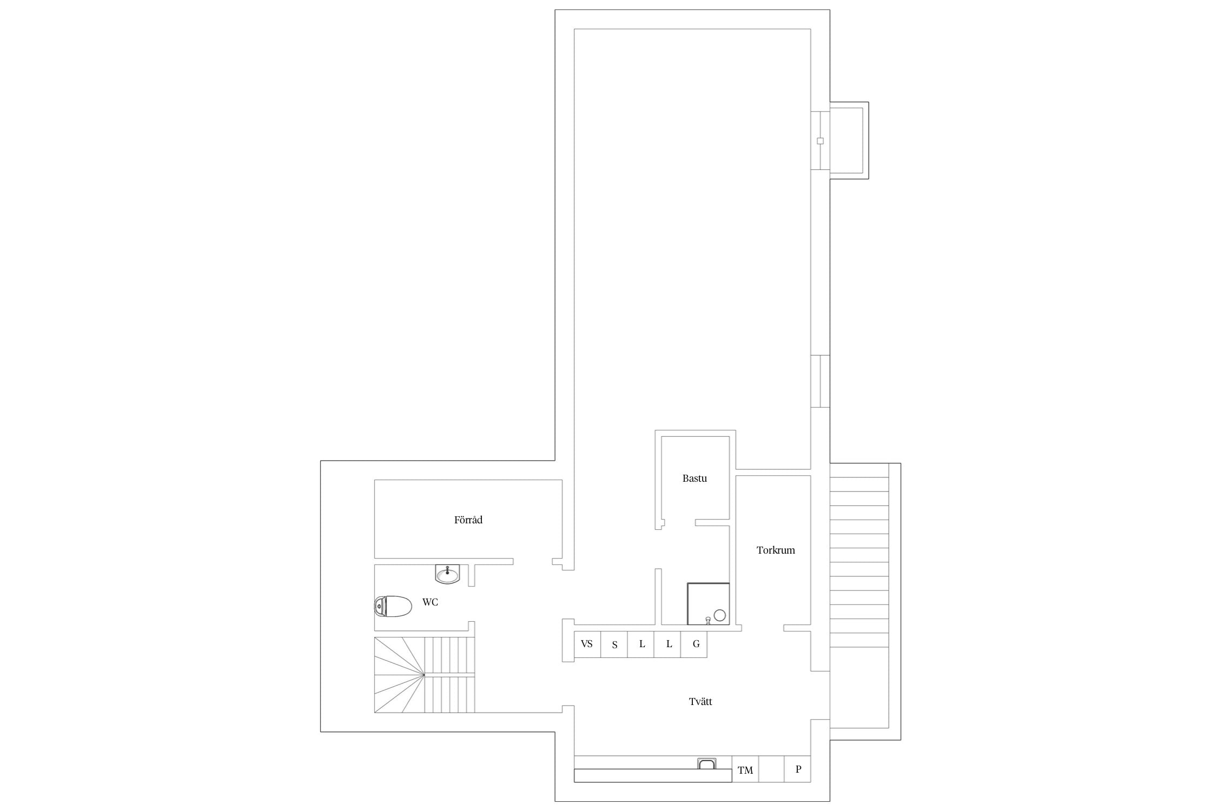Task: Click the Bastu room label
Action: click(x=695, y=478)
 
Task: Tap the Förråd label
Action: click(x=468, y=520)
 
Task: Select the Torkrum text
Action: click(x=776, y=550)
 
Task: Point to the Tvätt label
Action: click(x=700, y=702)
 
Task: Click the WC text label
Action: click(x=430, y=602)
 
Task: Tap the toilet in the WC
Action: click(x=393, y=606)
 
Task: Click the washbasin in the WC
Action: click(x=447, y=574)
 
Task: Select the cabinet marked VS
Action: click(x=587, y=644)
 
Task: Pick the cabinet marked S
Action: click(x=614, y=644)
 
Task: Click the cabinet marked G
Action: click(x=694, y=644)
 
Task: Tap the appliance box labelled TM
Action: click(x=745, y=769)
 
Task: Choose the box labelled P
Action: click(x=798, y=769)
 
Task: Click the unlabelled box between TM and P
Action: click(x=771, y=769)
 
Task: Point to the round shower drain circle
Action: click(x=720, y=615)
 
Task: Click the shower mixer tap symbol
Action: click(x=708, y=621)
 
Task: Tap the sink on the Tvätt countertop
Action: click(x=707, y=763)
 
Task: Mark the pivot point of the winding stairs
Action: click(x=424, y=675)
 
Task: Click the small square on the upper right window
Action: click(x=820, y=141)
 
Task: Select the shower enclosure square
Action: click(x=709, y=604)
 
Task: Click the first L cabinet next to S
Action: click(x=641, y=644)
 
